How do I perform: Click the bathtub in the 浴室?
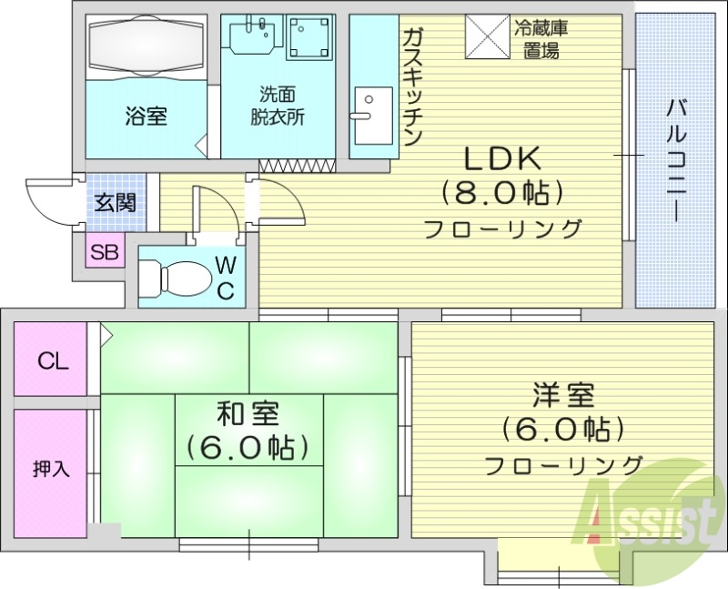coord(146,47)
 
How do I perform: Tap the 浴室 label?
coord(146,117)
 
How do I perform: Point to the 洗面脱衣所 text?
coord(278,105)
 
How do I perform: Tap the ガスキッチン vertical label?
coord(410,86)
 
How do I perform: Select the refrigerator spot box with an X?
coord(487,36)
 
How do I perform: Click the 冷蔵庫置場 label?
coord(541,40)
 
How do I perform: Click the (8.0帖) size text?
coord(502,193)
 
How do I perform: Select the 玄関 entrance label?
coord(116,202)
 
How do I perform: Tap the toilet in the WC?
coord(182,275)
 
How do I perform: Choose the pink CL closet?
coord(53,361)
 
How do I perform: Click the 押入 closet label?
coord(51,470)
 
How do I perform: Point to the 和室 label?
coord(247,414)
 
